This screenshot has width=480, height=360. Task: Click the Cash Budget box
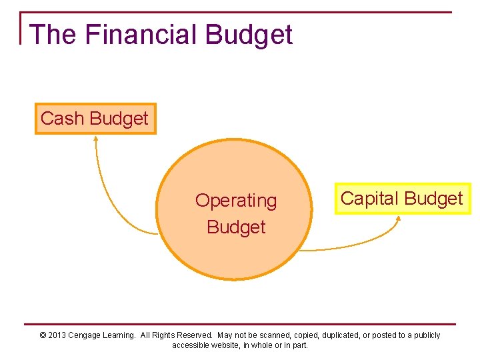click(95, 119)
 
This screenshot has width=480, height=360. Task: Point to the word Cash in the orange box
click(62, 119)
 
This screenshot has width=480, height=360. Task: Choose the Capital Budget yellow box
click(401, 199)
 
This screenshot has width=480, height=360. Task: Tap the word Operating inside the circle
click(235, 201)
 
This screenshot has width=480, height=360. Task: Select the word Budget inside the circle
click(235, 227)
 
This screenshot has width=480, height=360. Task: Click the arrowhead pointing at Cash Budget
click(95, 139)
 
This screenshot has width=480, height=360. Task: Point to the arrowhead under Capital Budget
click(398, 218)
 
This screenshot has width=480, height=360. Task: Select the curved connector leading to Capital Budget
click(360, 246)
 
